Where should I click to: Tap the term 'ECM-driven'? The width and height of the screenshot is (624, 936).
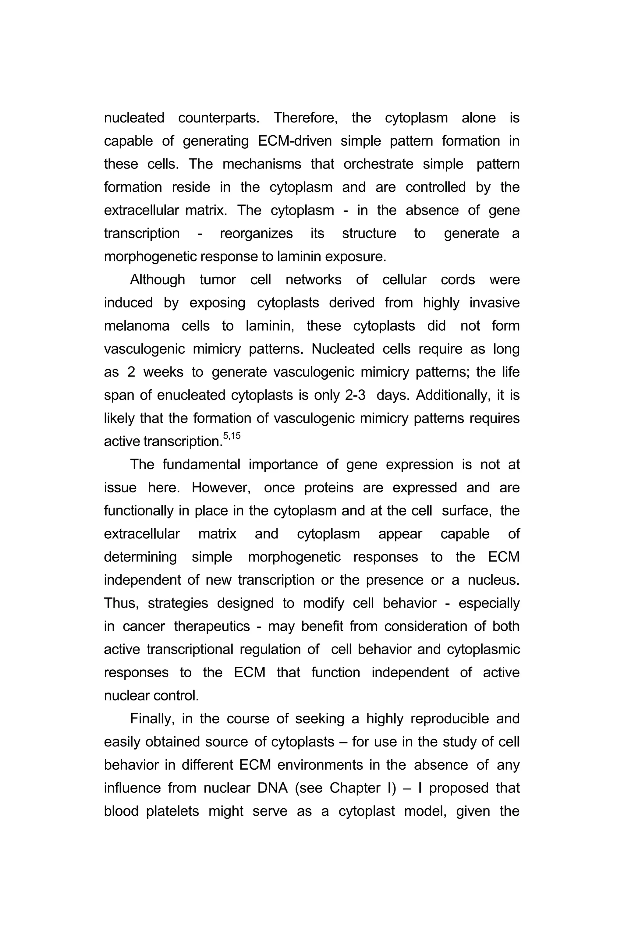(x=295, y=141)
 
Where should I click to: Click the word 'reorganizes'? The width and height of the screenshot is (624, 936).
(x=256, y=234)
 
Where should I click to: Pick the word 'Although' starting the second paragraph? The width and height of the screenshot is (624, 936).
(x=157, y=280)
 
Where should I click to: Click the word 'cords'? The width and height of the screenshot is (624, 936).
(x=458, y=280)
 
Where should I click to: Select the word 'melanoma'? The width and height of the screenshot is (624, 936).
(x=136, y=326)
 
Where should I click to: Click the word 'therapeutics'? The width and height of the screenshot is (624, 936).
(x=212, y=626)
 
